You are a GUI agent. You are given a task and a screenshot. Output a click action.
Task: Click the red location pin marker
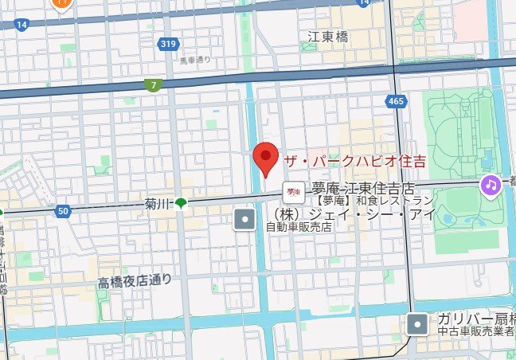264,158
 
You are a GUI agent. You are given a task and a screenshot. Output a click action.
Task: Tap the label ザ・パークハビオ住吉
354,161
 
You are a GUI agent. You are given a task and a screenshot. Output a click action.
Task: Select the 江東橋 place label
328,37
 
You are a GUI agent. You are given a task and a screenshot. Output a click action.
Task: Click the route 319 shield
167,45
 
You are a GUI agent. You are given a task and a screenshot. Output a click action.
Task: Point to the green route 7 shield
153,85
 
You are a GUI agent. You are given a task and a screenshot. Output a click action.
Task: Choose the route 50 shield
64,211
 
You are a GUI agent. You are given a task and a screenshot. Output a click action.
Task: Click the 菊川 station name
158,205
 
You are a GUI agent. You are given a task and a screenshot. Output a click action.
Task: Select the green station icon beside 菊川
182,204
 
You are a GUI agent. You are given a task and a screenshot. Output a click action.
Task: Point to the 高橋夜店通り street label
135,280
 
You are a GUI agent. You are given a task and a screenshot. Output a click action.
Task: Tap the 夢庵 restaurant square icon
292,190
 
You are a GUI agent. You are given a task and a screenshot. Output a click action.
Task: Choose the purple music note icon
490,186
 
